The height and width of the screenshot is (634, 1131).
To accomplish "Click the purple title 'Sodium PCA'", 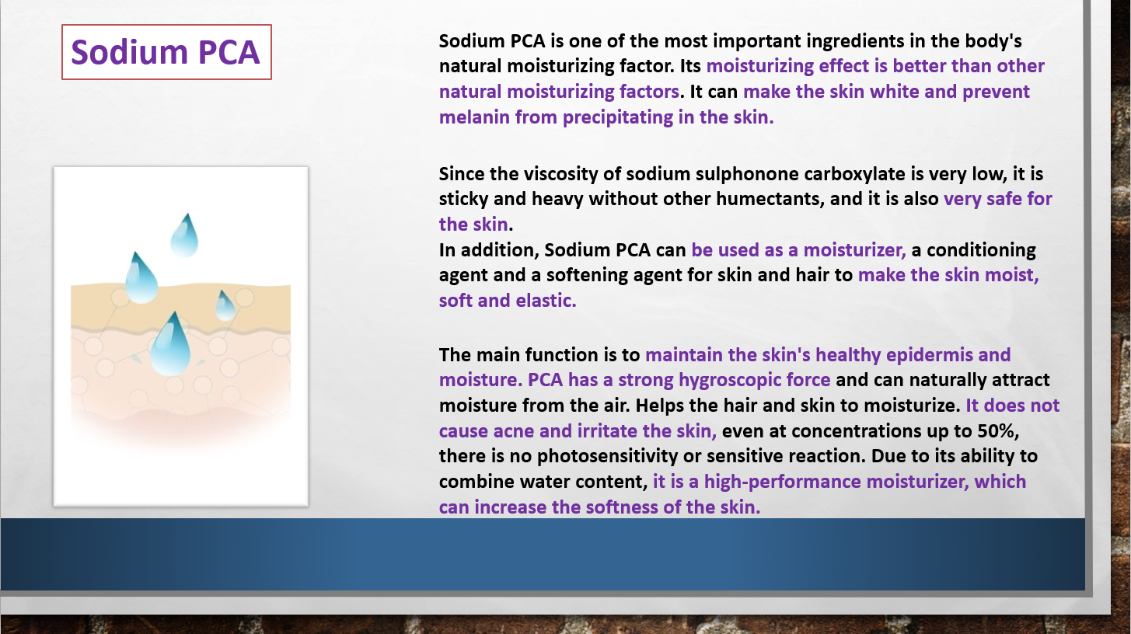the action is pos(166,52).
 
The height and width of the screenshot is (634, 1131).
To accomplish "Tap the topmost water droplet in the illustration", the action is pos(184,235).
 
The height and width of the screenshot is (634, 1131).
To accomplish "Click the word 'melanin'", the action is pos(474,117).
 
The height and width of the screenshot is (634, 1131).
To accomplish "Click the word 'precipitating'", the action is pos(618,117).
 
